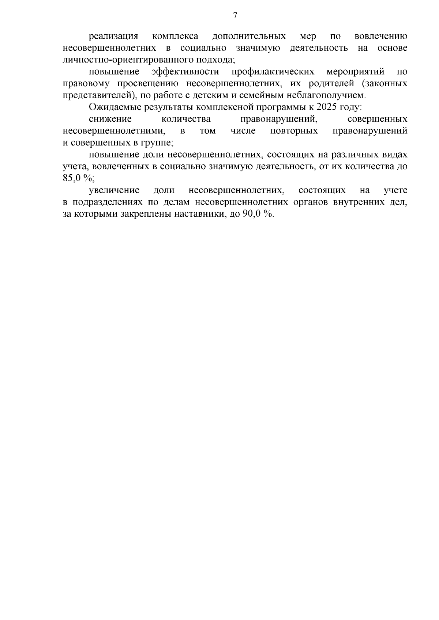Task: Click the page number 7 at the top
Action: coord(235,15)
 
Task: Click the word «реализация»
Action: coord(113,36)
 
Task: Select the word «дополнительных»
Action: coord(249,36)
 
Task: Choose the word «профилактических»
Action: coord(273,72)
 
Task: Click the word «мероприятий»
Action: coord(356,72)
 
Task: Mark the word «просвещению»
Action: coord(148,84)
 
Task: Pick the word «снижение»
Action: coord(110,119)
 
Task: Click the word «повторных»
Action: coord(294,131)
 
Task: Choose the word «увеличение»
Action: coord(114,190)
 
